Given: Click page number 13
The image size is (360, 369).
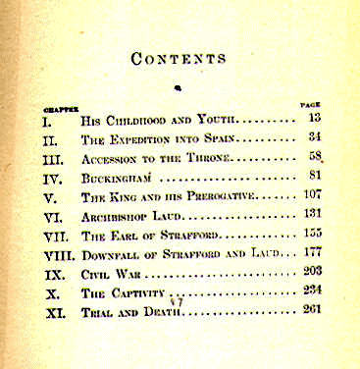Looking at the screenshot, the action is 314,118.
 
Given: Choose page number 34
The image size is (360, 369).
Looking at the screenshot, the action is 315,136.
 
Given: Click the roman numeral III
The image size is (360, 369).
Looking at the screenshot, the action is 54,160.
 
